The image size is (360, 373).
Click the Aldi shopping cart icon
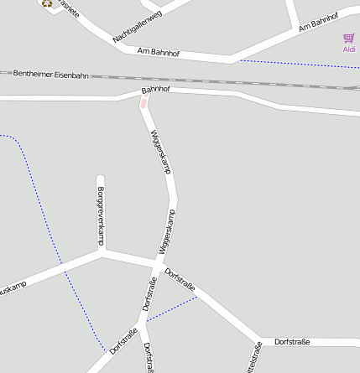(x=348, y=38)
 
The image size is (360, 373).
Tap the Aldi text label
(x=349, y=49)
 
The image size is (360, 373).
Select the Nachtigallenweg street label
(x=137, y=25)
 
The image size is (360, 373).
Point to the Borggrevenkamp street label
(x=101, y=216)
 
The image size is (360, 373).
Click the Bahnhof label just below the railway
(x=156, y=89)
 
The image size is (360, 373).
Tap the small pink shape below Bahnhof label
(x=143, y=103)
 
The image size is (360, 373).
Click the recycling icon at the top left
(x=47, y=3)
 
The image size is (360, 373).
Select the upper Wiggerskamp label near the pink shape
(x=160, y=151)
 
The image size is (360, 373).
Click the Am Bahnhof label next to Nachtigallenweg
(x=159, y=52)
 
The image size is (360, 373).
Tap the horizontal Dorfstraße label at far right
(x=292, y=342)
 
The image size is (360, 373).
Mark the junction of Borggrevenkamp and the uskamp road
(x=102, y=251)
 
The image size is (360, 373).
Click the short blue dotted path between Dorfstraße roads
(x=172, y=308)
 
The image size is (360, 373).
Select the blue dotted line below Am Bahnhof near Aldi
(x=294, y=65)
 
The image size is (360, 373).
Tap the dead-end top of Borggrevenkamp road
(x=101, y=179)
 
